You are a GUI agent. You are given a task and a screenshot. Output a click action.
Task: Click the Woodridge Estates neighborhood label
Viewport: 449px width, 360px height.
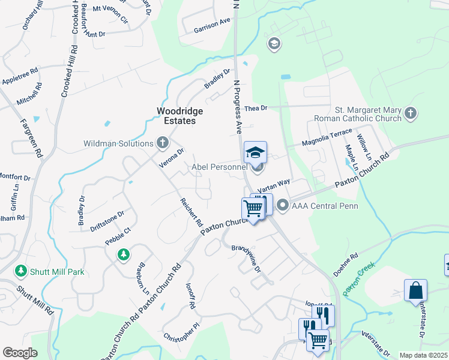tap(179, 116)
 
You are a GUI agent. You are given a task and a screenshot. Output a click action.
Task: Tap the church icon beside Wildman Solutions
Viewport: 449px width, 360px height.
tap(162, 143)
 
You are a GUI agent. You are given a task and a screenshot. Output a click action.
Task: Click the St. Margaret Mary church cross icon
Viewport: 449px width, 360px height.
tap(411, 113)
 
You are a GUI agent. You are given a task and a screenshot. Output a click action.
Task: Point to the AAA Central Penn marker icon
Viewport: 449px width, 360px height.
tap(282, 206)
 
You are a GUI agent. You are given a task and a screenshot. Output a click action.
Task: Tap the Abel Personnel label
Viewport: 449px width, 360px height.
tap(218, 167)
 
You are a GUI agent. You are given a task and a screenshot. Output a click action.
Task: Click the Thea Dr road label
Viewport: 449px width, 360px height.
tap(255, 107)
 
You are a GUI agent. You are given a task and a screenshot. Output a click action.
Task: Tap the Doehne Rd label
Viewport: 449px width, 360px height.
tap(346, 263)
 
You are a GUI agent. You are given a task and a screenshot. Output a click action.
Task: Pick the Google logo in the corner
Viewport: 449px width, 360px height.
tap(20, 353)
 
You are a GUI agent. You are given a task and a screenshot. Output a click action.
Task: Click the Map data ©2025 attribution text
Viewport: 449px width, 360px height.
tap(423, 355)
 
